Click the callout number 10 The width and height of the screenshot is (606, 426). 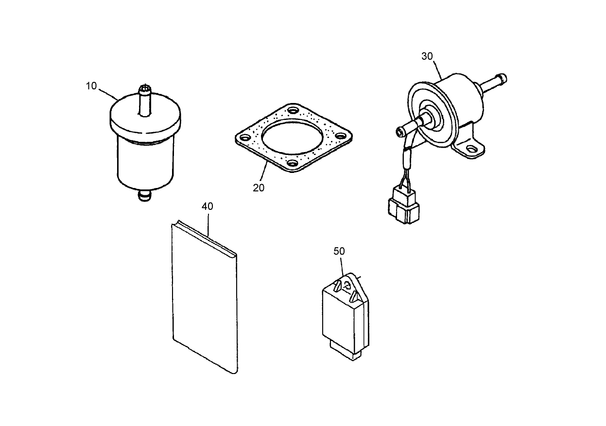tap(91, 86)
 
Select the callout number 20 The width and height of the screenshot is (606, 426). tap(259, 187)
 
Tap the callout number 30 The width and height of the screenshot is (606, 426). tap(427, 56)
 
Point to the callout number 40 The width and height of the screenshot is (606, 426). tap(207, 206)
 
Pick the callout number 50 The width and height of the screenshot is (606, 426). tap(339, 251)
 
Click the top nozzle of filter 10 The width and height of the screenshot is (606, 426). tap(145, 100)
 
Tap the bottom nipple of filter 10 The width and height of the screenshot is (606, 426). tap(144, 196)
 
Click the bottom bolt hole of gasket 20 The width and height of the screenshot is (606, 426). tap(292, 164)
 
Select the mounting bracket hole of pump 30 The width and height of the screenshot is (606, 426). tap(470, 147)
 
